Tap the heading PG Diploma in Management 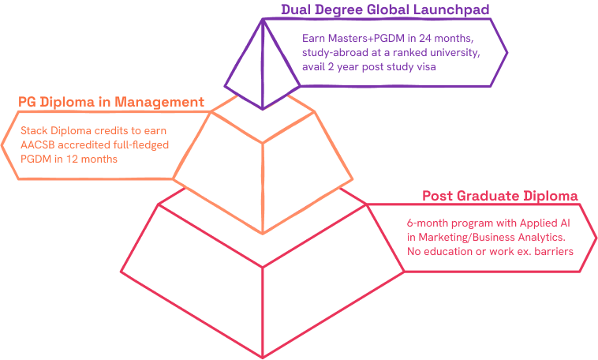(111, 102)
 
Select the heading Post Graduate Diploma (501, 196)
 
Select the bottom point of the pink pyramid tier (262, 356)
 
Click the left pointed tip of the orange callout (2, 144)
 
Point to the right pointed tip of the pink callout (595, 237)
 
